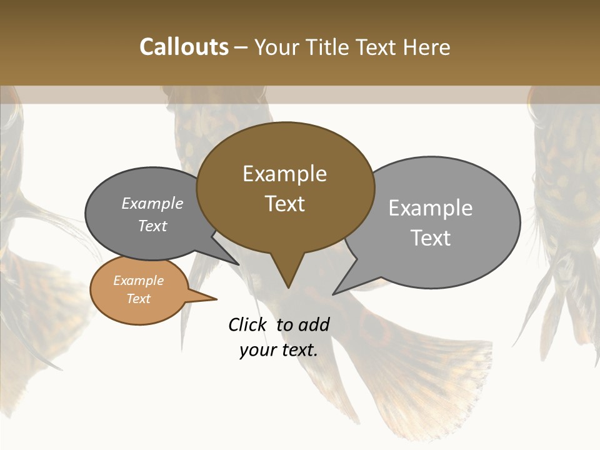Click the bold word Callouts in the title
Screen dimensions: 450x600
(184, 47)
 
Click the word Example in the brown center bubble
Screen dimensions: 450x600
(284, 174)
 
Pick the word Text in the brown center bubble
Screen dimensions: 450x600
(285, 204)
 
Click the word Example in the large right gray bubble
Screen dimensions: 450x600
(431, 208)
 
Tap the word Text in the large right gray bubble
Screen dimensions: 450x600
(431, 238)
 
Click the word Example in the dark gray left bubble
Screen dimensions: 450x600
(152, 204)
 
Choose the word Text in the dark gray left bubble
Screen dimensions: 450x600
(152, 226)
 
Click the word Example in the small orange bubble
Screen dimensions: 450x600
(139, 281)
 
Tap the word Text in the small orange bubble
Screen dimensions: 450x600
(139, 299)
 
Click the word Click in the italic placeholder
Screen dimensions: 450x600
(247, 324)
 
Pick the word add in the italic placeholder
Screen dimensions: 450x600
(313, 324)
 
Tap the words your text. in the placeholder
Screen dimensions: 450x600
(279, 350)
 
